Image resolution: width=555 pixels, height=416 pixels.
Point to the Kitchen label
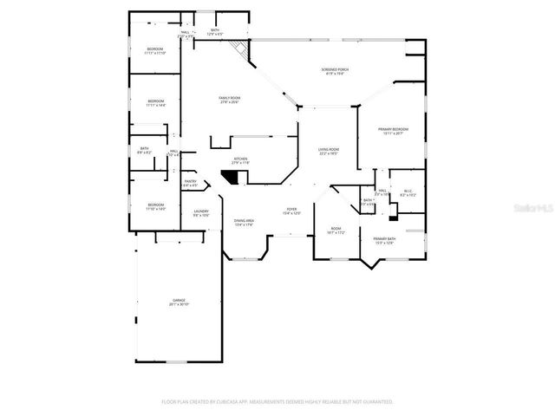point(240,160)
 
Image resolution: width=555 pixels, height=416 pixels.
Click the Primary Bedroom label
point(393,131)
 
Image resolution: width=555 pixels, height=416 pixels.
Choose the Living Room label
point(328,151)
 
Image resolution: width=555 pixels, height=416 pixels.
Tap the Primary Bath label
point(383,239)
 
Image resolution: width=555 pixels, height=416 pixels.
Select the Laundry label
point(201,211)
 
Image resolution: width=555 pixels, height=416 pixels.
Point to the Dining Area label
point(244,223)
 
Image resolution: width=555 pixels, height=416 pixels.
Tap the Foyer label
point(292,211)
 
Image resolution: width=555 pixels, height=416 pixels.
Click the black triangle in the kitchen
point(232,176)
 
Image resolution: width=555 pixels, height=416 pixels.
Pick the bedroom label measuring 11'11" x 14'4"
point(155,102)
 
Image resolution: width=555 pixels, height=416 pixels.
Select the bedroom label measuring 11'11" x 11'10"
point(155,51)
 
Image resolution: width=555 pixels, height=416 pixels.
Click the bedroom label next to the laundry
point(155,206)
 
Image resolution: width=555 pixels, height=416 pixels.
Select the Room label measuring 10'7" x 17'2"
point(336,230)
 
